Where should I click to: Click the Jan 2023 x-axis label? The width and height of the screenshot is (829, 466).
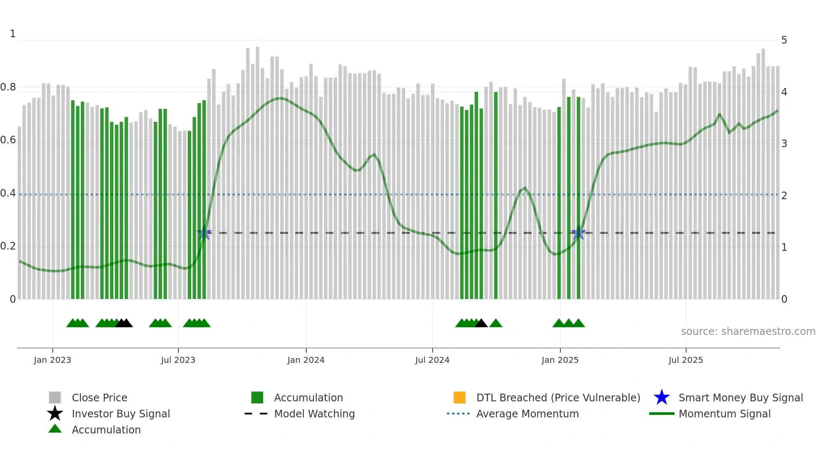52,360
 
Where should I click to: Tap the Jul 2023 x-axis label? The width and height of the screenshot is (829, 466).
178,360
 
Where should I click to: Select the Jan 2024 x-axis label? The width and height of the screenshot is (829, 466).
306,360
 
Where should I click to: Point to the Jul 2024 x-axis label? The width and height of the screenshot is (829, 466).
432,360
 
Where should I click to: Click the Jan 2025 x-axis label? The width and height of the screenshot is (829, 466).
560,360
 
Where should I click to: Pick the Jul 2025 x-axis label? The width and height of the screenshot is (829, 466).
686,360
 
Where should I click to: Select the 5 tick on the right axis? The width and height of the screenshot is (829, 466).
784,40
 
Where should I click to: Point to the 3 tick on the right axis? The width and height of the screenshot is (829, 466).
784,144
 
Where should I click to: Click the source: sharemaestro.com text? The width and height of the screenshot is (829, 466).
748,332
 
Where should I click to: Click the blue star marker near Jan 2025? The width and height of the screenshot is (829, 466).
578,233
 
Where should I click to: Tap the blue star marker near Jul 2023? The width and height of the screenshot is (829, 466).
204,233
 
